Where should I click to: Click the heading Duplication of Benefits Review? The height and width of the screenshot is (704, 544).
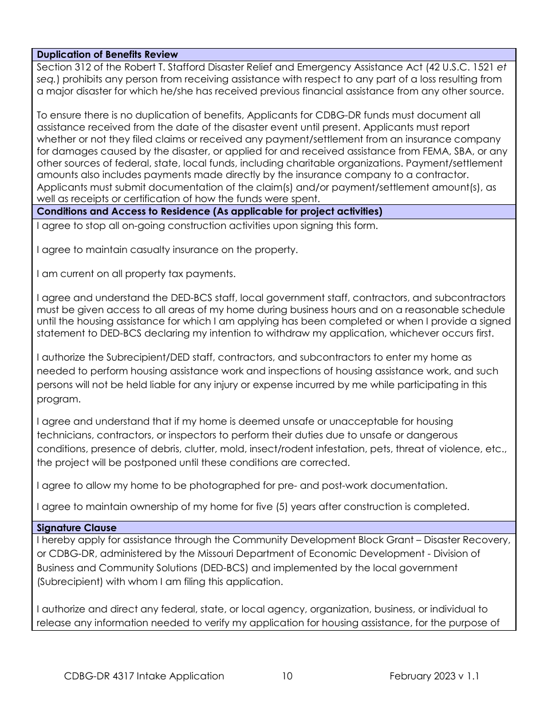point(107,54)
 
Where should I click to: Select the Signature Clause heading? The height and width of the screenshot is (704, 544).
point(76,528)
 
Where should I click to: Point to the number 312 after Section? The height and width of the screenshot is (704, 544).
point(82,67)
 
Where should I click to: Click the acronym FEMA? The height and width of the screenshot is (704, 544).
point(434,151)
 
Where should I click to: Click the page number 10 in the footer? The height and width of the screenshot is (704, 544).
point(287,676)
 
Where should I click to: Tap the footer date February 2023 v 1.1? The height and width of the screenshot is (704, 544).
point(434,676)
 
